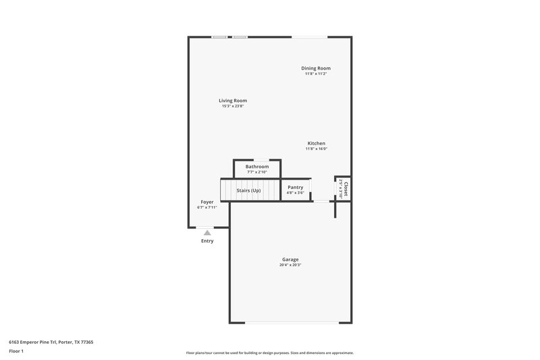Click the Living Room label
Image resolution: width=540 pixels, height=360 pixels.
(232, 101)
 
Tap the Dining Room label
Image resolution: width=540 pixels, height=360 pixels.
(315, 68)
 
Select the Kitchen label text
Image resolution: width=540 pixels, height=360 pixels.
(317, 143)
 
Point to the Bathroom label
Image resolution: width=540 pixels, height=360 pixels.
(256, 166)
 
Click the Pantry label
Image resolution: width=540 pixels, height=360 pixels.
(295, 187)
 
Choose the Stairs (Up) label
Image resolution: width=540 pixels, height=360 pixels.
(248, 190)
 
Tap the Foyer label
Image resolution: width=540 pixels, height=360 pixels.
(207, 202)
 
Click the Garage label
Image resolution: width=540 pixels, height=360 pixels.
(290, 259)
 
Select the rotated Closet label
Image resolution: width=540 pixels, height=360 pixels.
(346, 188)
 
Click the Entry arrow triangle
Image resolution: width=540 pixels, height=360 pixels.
(207, 233)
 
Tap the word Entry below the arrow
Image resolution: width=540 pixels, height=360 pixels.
(207, 241)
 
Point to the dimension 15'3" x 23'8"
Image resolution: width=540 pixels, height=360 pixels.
(232, 106)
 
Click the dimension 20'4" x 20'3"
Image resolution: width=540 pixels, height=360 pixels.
(290, 265)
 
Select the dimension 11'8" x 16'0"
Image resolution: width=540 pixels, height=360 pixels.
(317, 149)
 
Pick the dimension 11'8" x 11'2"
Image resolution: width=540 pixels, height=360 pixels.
(315, 74)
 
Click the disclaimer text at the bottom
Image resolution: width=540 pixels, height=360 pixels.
(269, 353)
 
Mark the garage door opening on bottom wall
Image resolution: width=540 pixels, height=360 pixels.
(292, 322)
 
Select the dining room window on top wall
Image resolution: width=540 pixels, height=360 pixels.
(310, 36)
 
